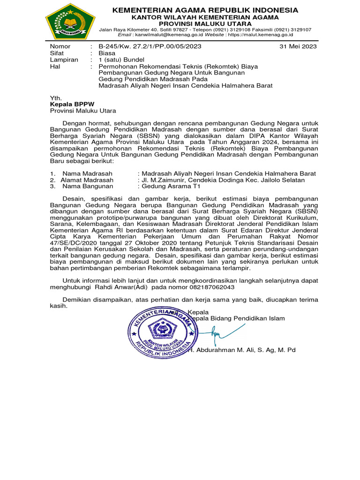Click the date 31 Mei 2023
tap(298, 46)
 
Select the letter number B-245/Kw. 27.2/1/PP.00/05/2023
tap(150, 46)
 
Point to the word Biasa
tap(107, 53)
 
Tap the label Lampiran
tap(64, 60)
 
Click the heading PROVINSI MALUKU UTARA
tap(205, 23)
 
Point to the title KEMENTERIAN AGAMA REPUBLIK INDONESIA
tap(205, 10)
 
